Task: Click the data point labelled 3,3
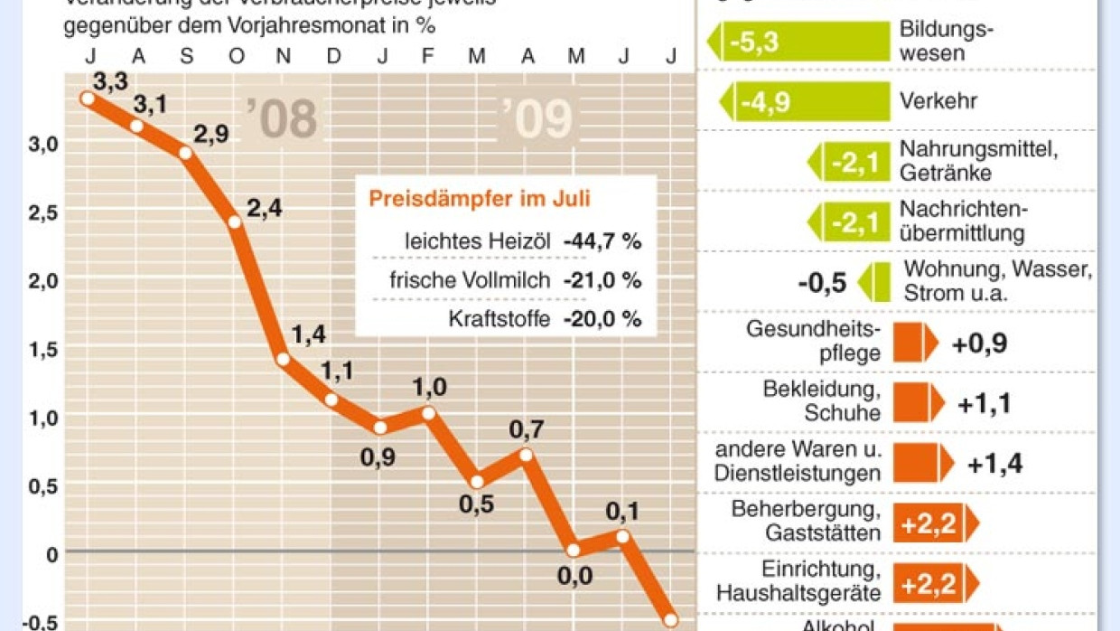[88, 99]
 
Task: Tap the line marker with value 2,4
[235, 221]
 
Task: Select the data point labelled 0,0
[574, 550]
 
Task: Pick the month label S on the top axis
[187, 56]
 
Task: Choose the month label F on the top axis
[427, 56]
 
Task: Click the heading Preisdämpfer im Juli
[480, 199]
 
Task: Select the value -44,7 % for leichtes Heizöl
[602, 241]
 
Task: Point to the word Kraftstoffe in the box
[499, 319]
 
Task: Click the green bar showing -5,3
[798, 42]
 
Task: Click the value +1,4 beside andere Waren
[994, 464]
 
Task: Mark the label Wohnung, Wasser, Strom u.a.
[998, 282]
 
